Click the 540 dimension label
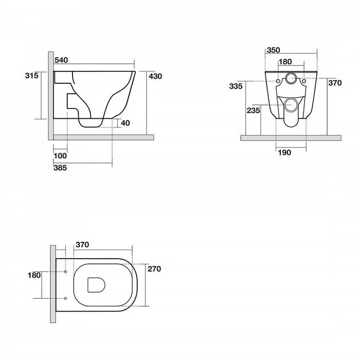pyautogui.click(x=61, y=60)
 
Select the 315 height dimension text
pyautogui.click(x=32, y=76)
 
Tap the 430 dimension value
pyautogui.click(x=155, y=76)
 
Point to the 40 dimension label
pyautogui.click(x=125, y=123)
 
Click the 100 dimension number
pyautogui.click(x=60, y=156)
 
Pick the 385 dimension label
pyautogui.click(x=60, y=168)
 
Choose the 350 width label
pyautogui.click(x=273, y=50)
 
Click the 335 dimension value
pyautogui.click(x=236, y=86)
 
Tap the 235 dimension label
pyautogui.click(x=254, y=111)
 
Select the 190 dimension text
pyautogui.click(x=284, y=152)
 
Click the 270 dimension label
pyautogui.click(x=154, y=269)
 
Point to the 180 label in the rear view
pyautogui.click(x=285, y=62)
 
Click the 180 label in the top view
pyautogui.click(x=34, y=275)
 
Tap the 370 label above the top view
pyautogui.click(x=82, y=245)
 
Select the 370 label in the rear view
pyautogui.click(x=335, y=83)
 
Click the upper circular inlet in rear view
pyautogui.click(x=291, y=78)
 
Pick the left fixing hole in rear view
pyautogui.click(x=278, y=81)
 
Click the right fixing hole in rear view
pyautogui.click(x=304, y=81)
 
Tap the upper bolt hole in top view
pyautogui.click(x=65, y=272)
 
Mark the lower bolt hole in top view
pyautogui.click(x=65, y=298)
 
